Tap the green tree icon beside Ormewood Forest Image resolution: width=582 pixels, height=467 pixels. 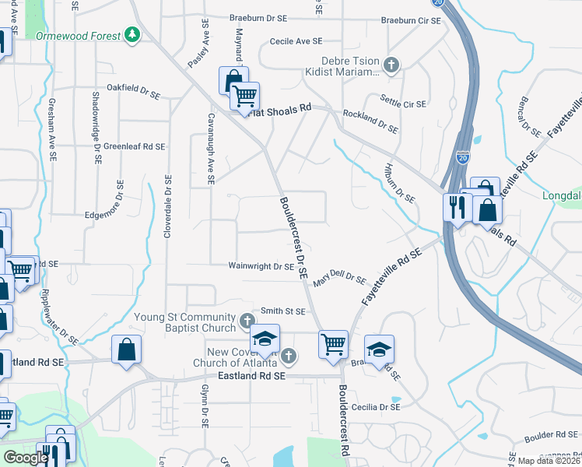coord(133,35)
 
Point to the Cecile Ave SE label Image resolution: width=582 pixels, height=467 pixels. coord(296,40)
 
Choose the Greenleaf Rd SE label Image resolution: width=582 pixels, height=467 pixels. coord(134,146)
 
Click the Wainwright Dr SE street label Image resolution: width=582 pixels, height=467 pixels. coord(260,266)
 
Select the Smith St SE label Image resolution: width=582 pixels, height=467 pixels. coord(282,311)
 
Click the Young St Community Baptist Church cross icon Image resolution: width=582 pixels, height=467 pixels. coord(247,321)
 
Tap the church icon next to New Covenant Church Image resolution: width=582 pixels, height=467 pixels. coord(289,356)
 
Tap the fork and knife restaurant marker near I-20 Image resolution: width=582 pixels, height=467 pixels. coord(456,207)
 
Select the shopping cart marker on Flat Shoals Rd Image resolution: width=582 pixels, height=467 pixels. coord(244,96)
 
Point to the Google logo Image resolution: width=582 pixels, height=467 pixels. coord(26,458)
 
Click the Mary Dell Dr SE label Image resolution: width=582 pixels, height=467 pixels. coord(339,278)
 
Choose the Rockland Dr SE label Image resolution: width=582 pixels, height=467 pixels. coord(370,120)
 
